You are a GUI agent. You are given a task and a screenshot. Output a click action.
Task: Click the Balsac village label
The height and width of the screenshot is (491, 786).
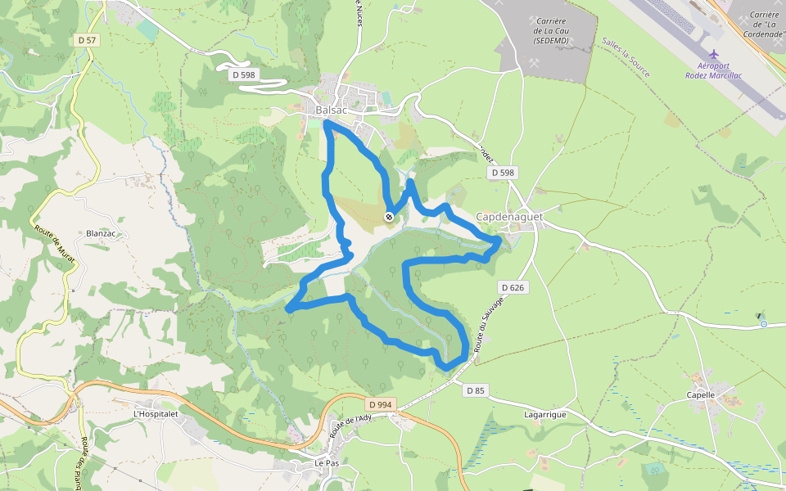(x=332, y=110)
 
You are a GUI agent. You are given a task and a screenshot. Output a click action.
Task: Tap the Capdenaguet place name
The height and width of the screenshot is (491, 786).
(x=509, y=216)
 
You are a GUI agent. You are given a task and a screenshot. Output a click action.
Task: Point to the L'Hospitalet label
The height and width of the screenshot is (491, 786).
(x=156, y=414)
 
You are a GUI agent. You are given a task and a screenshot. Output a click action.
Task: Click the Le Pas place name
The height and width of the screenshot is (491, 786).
(x=327, y=462)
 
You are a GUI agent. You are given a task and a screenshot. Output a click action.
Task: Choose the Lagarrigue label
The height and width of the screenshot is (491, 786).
(x=544, y=415)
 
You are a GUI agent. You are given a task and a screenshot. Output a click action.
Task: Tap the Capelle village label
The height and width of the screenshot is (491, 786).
(x=701, y=394)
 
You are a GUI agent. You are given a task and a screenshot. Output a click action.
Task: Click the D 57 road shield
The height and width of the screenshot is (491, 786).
(x=85, y=39)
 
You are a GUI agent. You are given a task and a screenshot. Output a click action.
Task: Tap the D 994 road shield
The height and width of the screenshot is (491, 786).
(x=381, y=404)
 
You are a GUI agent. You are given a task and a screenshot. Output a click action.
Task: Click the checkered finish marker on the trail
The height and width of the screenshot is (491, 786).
(x=388, y=217)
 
